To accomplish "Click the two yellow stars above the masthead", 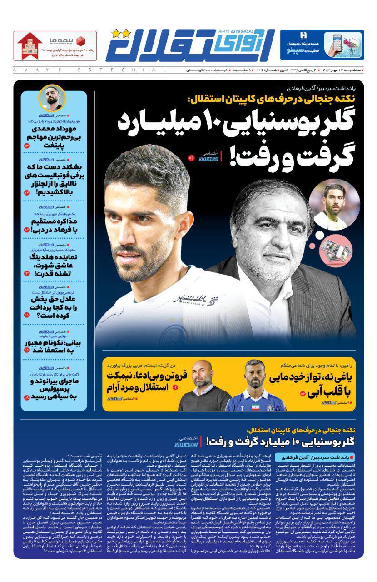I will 120,33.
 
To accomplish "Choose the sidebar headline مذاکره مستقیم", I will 54,226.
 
